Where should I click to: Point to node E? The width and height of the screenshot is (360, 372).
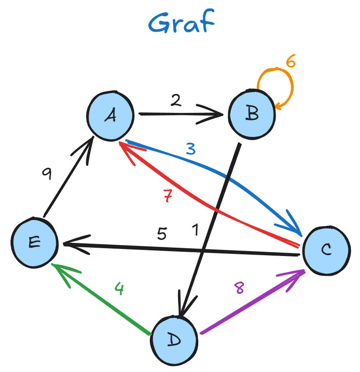(34, 242)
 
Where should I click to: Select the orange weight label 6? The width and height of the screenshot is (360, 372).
(291, 61)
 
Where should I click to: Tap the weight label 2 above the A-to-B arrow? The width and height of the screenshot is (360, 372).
(175, 101)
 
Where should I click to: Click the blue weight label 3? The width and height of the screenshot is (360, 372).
(190, 150)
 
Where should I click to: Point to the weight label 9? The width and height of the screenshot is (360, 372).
(47, 174)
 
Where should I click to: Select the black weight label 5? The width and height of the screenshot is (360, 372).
(162, 234)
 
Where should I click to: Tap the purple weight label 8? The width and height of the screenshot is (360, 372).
(239, 288)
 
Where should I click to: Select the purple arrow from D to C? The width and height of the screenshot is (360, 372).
(251, 303)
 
